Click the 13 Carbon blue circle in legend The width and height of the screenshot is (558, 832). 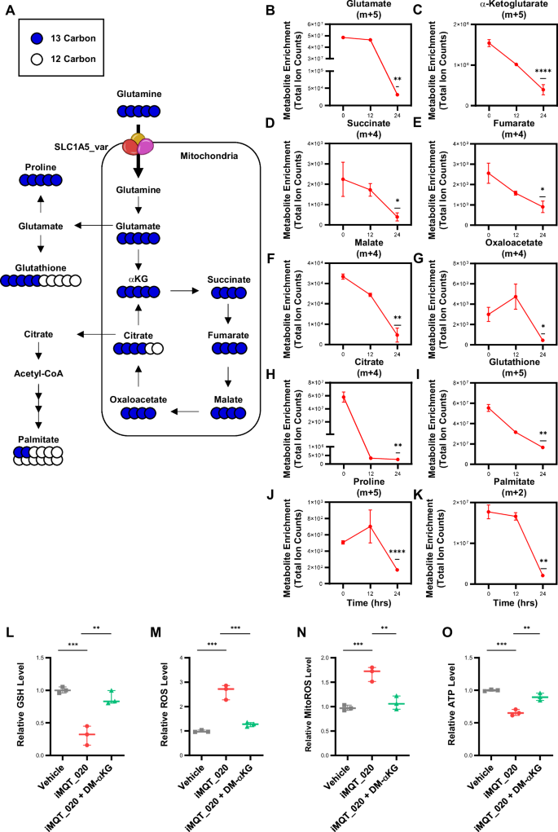[30, 38]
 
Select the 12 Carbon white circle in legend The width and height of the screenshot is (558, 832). [30, 59]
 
